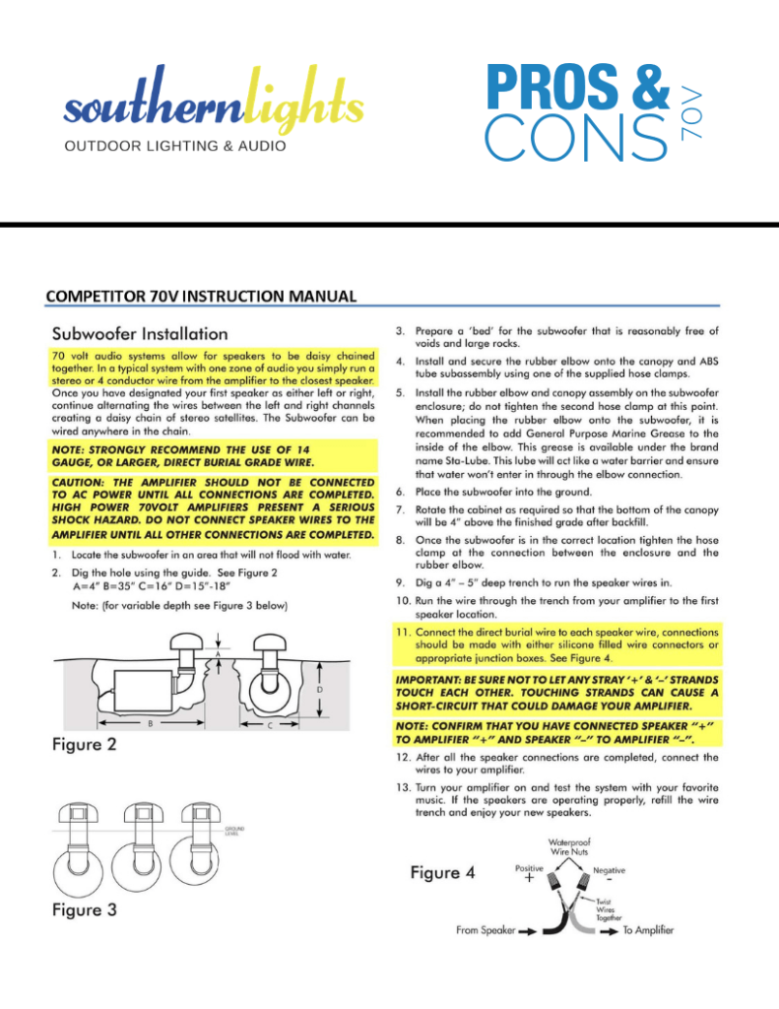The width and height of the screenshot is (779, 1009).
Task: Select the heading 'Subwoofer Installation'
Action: pos(140,333)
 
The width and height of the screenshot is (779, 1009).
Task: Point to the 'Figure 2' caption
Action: pos(85,744)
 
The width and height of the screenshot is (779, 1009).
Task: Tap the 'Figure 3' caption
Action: pos(85,909)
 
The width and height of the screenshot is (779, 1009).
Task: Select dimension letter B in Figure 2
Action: pos(150,724)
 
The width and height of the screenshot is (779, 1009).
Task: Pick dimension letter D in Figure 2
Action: pos(318,690)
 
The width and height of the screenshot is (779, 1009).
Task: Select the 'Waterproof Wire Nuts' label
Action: pos(568,844)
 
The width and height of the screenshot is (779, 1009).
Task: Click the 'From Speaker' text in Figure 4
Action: pos(487,930)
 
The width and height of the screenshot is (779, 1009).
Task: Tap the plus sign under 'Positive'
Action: pos(528,881)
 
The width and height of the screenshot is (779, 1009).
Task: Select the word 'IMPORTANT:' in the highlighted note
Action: pos(430,679)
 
